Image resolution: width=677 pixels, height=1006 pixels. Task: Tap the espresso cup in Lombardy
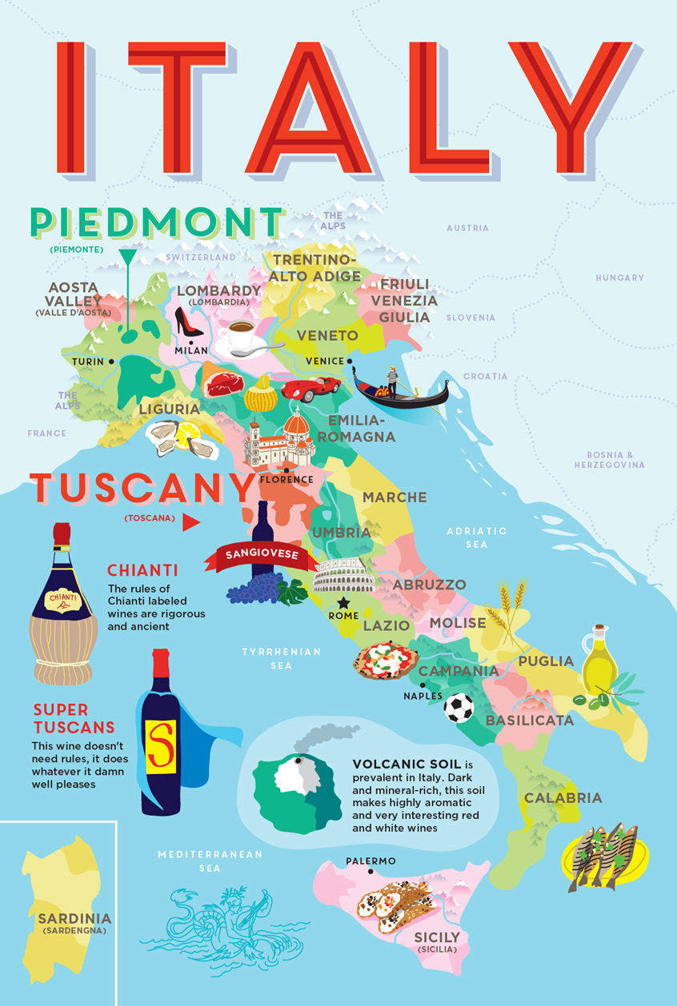pyautogui.click(x=239, y=338)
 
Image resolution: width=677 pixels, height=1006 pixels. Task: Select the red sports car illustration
pyautogui.click(x=310, y=389)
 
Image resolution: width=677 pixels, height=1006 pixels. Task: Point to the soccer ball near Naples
pyautogui.click(x=459, y=708)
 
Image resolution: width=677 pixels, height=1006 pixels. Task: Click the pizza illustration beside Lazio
pyautogui.click(x=387, y=661)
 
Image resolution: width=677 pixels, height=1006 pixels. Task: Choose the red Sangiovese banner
pyautogui.click(x=261, y=554)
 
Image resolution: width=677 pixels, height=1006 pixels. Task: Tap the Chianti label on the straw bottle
pyautogui.click(x=63, y=597)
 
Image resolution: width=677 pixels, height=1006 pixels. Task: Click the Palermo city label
pyautogui.click(x=371, y=860)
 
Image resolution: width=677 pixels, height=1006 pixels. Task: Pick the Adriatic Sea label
pyautogui.click(x=477, y=537)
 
